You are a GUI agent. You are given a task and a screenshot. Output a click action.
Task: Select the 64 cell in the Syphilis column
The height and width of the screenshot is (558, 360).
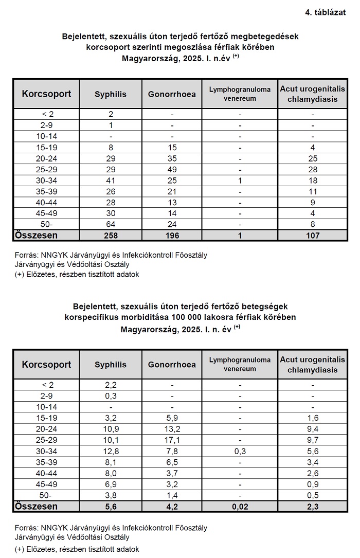point(111,225)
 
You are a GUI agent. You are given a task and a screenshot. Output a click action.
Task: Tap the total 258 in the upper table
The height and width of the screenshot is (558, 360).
point(111,235)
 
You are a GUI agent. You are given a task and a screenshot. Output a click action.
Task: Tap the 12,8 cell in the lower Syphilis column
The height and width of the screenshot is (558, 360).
point(111,452)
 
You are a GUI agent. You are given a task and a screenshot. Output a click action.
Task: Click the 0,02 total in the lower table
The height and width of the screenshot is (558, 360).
point(240,506)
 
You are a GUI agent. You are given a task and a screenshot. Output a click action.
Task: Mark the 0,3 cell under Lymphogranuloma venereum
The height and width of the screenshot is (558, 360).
point(240,452)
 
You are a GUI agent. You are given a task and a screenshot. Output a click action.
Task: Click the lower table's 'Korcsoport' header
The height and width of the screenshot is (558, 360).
point(46,365)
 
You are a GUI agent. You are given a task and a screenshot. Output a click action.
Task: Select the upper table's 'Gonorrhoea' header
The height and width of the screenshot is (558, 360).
point(172,94)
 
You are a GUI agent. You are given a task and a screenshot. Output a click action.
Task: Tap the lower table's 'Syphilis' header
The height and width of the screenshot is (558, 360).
point(111,365)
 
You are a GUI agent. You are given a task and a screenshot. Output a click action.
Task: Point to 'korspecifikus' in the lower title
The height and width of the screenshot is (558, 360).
point(91,317)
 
